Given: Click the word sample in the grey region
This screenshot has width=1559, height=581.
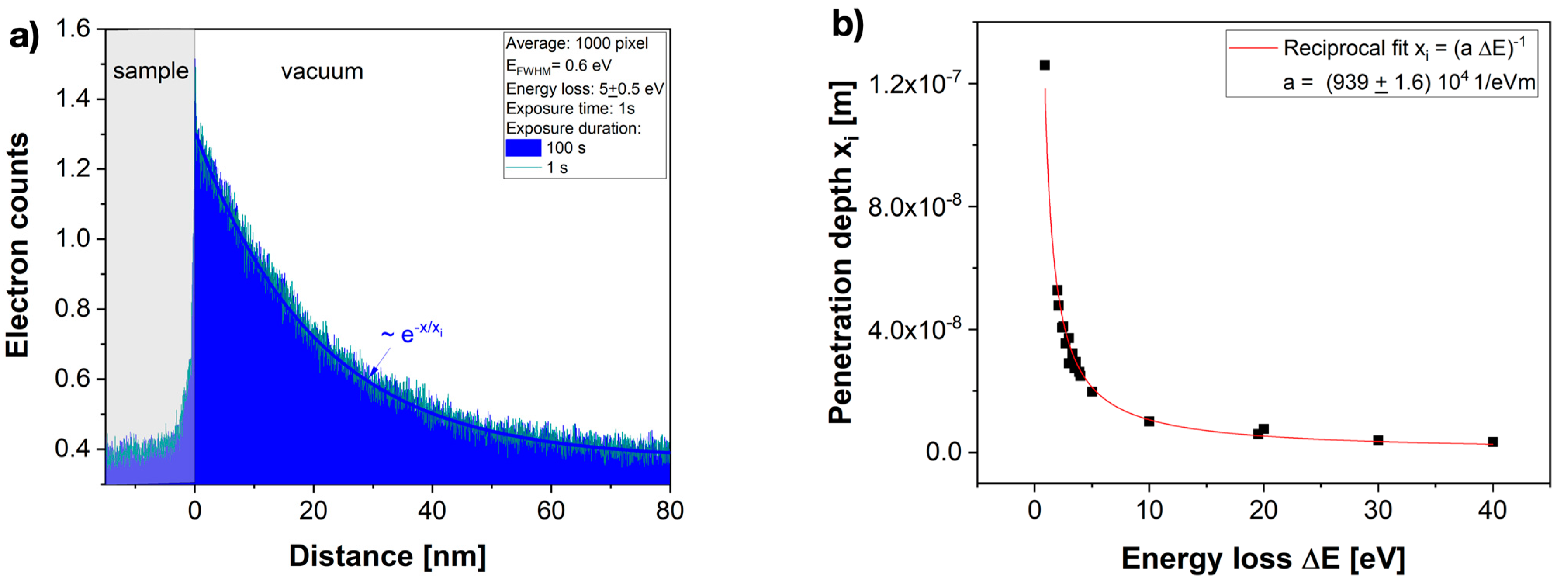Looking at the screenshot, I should (151, 71).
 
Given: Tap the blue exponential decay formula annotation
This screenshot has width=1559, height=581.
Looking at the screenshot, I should (412, 333).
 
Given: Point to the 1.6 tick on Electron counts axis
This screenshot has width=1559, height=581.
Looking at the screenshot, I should (73, 29).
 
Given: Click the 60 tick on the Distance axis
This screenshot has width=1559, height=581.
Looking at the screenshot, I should (551, 511).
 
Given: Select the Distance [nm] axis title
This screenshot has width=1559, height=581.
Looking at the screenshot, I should (388, 556).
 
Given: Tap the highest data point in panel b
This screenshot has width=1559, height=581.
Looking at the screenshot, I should (1045, 65).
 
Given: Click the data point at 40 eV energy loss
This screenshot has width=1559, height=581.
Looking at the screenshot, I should (1492, 442).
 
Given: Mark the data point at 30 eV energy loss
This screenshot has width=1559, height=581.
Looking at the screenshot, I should (1378, 440).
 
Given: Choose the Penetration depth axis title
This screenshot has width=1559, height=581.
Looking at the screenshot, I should (841, 253).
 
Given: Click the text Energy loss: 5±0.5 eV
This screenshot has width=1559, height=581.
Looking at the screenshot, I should (585, 89).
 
